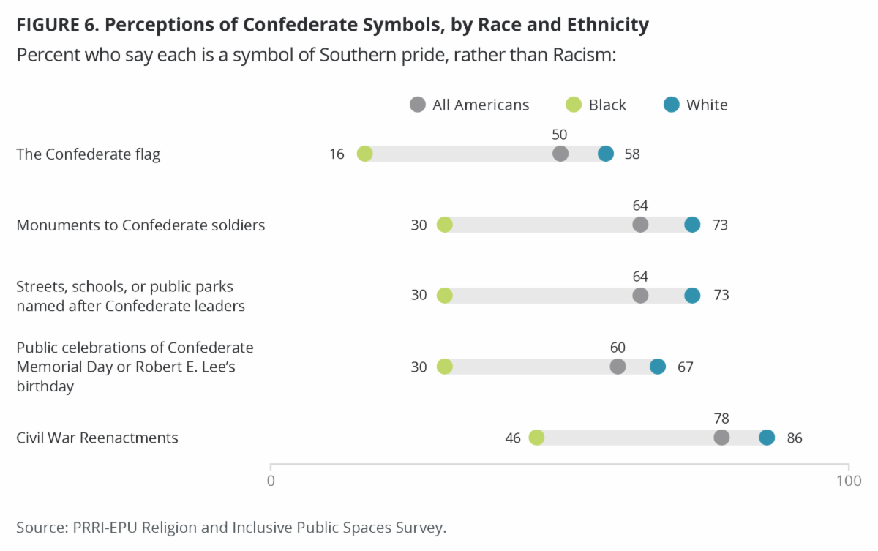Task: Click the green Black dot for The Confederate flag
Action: pos(364,154)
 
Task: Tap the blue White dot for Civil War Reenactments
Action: pos(767,438)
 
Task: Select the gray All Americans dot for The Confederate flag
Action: pos(560,154)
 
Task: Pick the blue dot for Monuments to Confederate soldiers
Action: pos(692,225)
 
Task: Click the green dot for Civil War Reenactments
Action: pos(536,438)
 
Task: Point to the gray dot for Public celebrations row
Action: pos(618,367)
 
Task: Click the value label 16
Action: pos(337,154)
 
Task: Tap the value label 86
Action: pos(795,438)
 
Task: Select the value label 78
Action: pos(721,419)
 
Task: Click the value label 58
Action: pos(632,154)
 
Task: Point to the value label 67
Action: pos(685,367)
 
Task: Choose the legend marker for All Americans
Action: pos(418,105)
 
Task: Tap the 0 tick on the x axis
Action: pos(271,481)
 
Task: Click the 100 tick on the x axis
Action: pos(849,481)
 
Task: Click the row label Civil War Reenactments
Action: pos(97,438)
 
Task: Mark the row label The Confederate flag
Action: pos(89,154)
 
